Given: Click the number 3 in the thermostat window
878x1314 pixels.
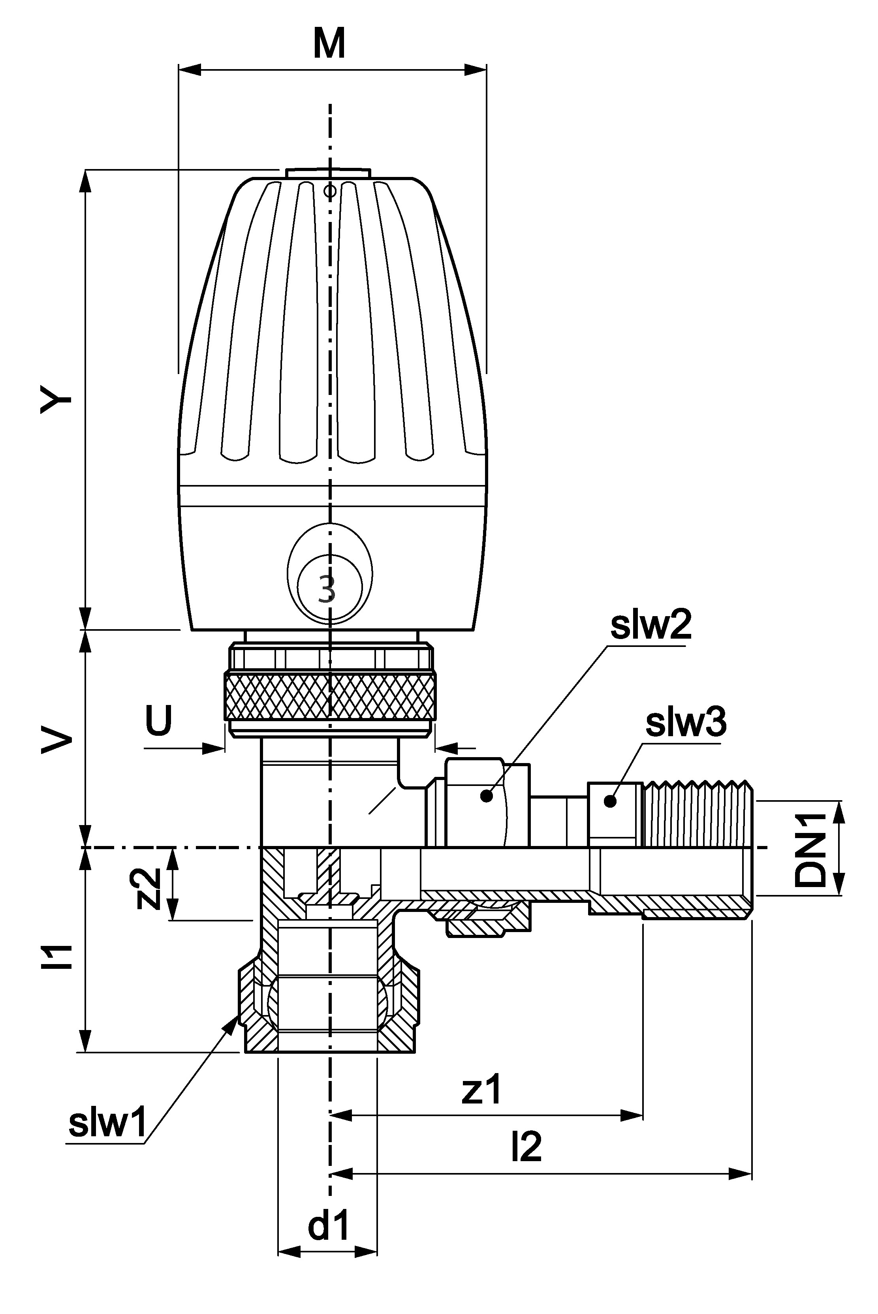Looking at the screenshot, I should click(327, 589).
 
